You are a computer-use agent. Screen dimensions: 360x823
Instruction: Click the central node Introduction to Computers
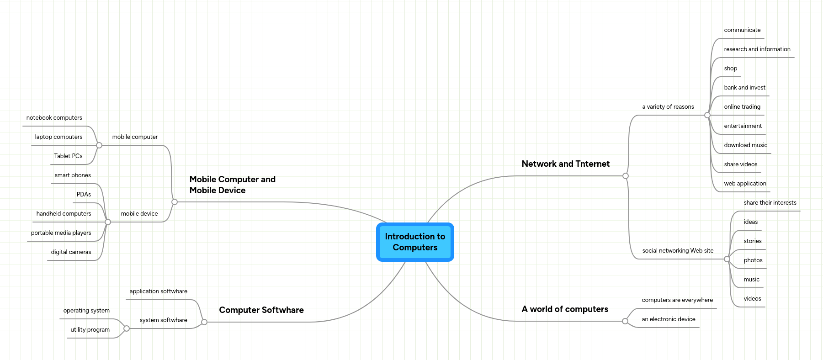pyautogui.click(x=415, y=242)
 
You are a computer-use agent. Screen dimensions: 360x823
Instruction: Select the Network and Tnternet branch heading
pyautogui.click(x=565, y=164)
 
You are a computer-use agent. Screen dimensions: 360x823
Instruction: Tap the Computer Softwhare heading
pyautogui.click(x=261, y=310)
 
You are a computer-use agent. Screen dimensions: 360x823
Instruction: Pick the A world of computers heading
pyautogui.click(x=565, y=309)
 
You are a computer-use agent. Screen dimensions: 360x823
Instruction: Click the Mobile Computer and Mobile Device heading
pyautogui.click(x=232, y=185)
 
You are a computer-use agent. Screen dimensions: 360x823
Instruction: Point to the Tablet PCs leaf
pyautogui.click(x=68, y=156)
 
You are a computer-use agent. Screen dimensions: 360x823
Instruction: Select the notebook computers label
pyautogui.click(x=54, y=118)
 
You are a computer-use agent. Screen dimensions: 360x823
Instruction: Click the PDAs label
pyautogui.click(x=84, y=195)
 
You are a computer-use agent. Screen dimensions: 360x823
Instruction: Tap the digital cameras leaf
pyautogui.click(x=71, y=252)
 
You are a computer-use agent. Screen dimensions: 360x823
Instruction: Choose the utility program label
pyautogui.click(x=90, y=330)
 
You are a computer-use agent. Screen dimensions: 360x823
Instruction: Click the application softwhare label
pyautogui.click(x=158, y=291)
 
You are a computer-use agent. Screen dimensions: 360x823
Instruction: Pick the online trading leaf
pyautogui.click(x=742, y=107)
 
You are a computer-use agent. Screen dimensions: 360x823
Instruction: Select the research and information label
pyautogui.click(x=757, y=49)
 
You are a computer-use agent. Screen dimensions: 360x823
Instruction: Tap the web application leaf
pyautogui.click(x=745, y=184)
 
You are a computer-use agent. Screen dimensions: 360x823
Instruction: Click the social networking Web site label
pyautogui.click(x=678, y=251)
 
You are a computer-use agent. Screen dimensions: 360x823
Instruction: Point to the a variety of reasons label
pyautogui.click(x=668, y=107)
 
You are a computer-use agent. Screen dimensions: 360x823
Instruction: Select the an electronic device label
pyautogui.click(x=668, y=319)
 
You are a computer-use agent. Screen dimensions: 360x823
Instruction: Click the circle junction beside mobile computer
pyautogui.click(x=99, y=145)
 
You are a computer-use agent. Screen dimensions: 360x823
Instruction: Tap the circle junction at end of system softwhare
pyautogui.click(x=127, y=328)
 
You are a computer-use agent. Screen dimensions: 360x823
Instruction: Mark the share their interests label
pyautogui.click(x=770, y=203)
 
